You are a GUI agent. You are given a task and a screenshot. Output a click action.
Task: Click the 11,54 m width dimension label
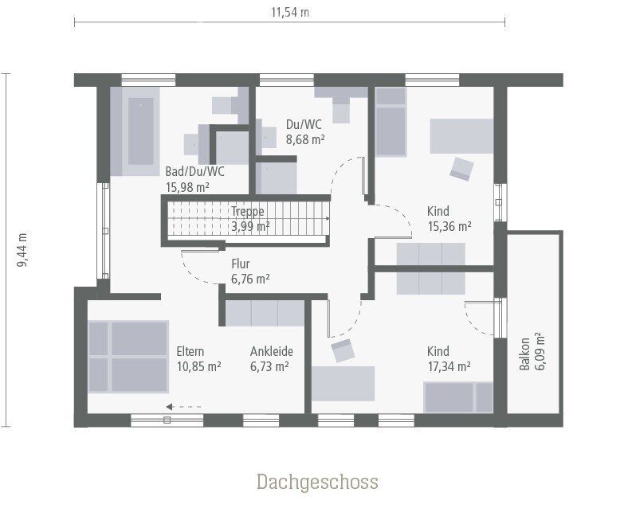[x=290, y=12]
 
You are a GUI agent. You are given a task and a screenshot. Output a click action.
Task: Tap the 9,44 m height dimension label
[x=22, y=250]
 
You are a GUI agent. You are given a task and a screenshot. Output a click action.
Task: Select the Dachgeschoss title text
[x=317, y=482]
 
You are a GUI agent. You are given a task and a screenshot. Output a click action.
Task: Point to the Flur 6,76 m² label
[x=250, y=271]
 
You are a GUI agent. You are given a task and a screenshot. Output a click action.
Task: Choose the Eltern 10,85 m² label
[x=198, y=358]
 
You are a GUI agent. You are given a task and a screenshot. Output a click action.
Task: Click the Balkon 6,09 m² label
[x=532, y=351]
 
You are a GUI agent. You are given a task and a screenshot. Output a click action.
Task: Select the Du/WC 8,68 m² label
[x=305, y=132]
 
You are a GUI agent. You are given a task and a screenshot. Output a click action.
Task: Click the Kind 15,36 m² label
[x=449, y=218]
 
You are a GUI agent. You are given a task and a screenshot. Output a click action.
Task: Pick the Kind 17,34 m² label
[x=449, y=358]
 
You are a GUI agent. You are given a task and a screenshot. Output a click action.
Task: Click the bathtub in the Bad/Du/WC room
[x=135, y=131]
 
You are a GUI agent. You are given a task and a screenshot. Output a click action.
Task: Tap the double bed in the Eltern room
[x=128, y=357]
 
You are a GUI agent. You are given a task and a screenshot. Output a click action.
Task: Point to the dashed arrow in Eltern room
[x=183, y=407]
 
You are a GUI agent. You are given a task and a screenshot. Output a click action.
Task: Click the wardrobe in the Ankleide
[x=265, y=313]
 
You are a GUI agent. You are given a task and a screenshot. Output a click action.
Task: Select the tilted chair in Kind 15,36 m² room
[x=461, y=169]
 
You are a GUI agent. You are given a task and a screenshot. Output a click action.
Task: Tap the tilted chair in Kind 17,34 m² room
[x=343, y=350]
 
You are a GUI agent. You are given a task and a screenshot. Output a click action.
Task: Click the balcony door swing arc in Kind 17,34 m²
[x=476, y=321]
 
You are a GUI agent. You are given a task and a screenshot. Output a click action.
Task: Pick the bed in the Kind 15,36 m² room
[x=390, y=122]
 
